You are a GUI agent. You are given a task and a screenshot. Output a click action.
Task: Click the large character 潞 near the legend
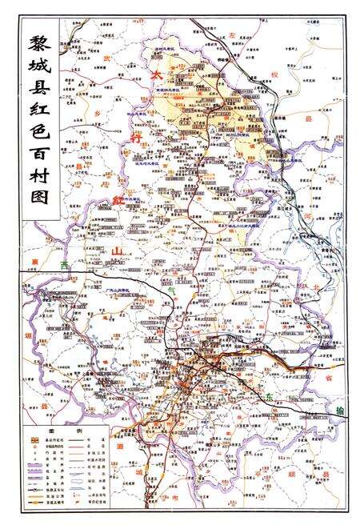(x=118, y=445)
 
